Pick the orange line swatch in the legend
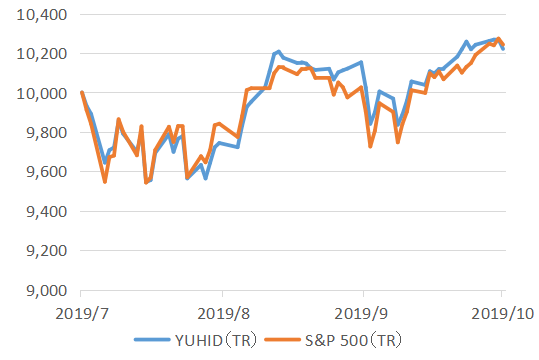pyautogui.click(x=286, y=340)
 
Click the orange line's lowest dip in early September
pyautogui.click(x=370, y=147)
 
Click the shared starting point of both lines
pyautogui.click(x=81, y=93)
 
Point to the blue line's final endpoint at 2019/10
pyautogui.click(x=503, y=49)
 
